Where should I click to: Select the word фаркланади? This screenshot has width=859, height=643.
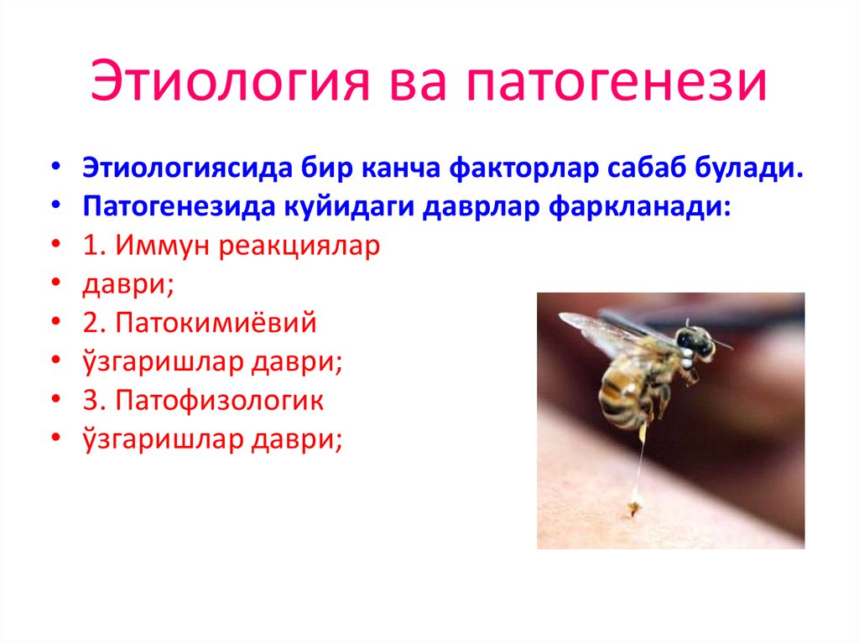pyautogui.click(x=641, y=207)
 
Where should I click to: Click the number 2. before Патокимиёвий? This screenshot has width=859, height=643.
pyautogui.click(x=94, y=324)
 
